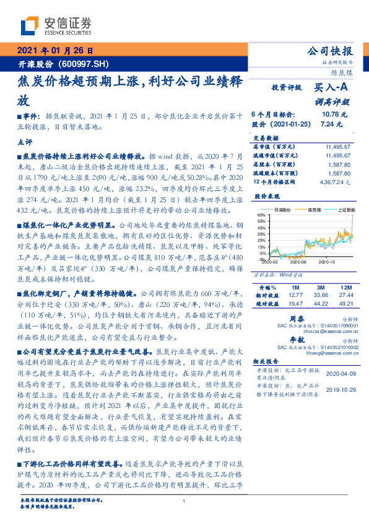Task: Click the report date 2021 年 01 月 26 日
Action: click(54, 51)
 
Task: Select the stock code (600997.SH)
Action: click(85, 64)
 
